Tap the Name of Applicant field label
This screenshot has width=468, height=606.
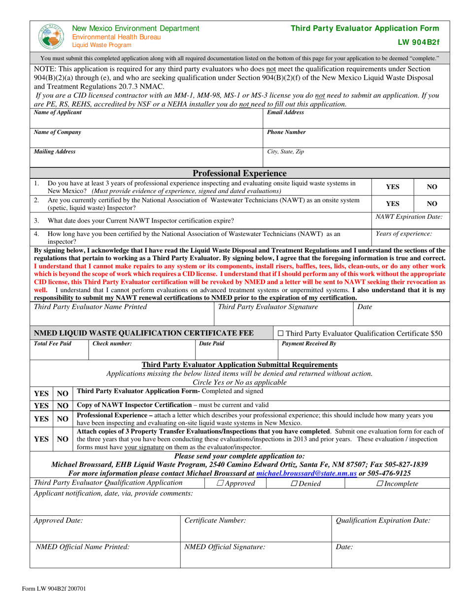coord(58,113)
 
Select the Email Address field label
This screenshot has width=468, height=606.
coord(285,113)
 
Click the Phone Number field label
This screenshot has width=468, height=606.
coord(286,133)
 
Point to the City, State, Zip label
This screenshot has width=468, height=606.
coord(285,152)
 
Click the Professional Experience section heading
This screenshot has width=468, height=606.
coord(239,173)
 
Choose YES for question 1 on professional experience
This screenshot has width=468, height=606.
coord(392,187)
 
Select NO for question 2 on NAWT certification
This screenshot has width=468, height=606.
coord(432,203)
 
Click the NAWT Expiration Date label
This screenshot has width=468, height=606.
coord(409,217)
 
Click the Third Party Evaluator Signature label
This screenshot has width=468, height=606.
coord(268,307)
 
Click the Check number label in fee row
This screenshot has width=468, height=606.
coord(112,344)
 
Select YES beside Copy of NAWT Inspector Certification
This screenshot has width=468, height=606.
coord(41,406)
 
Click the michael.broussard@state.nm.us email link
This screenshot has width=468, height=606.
coord(307,473)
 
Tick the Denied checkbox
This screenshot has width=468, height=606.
coord(294,484)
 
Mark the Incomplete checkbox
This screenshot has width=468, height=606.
coord(393,484)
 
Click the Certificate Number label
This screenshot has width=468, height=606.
coord(215,520)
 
